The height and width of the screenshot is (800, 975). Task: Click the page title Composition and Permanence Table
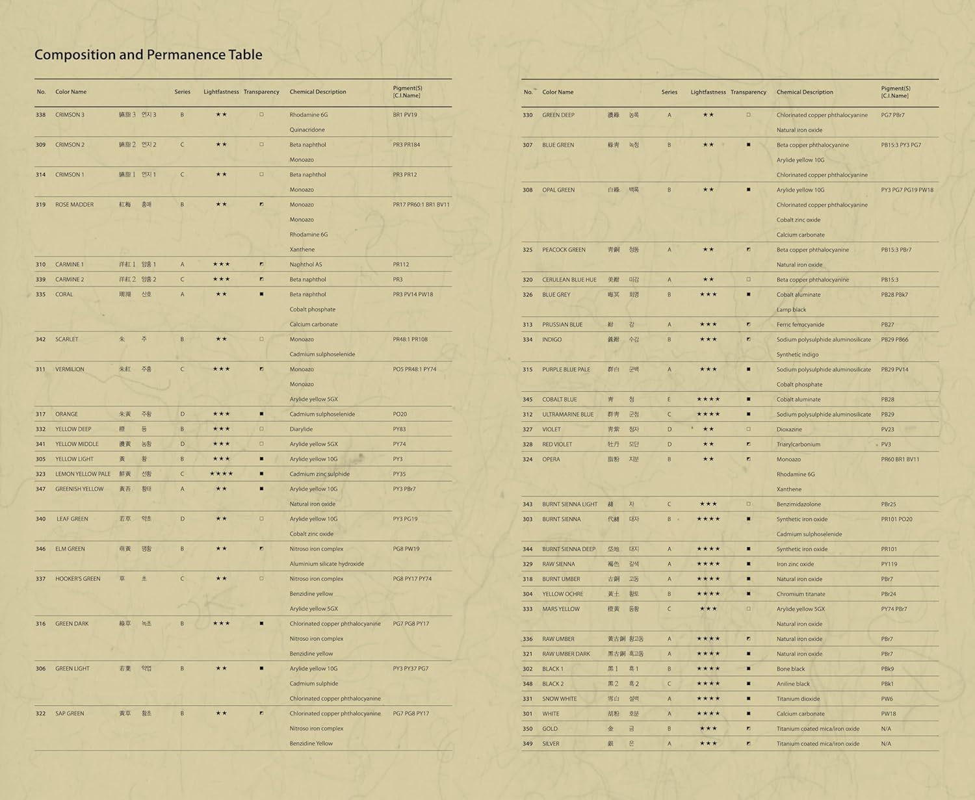coord(148,55)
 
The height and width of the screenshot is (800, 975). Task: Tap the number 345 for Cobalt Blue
coord(527,400)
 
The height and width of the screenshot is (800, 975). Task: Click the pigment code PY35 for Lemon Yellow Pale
coord(399,474)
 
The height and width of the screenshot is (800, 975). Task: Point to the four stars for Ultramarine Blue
coord(708,415)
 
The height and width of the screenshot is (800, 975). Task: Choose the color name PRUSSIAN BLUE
coord(562,325)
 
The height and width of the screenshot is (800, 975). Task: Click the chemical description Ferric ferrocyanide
coord(800,325)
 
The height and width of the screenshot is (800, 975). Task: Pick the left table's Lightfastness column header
coord(221,92)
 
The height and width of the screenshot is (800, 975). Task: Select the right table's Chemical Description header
coord(805,92)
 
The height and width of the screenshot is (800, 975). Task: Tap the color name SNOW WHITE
coord(559,699)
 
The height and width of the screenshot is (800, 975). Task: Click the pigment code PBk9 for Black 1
coord(887,669)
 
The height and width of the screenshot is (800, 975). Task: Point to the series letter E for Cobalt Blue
coord(669,400)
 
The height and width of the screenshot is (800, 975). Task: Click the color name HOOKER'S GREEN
coord(77,579)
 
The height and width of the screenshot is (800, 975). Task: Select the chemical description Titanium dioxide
coord(798,699)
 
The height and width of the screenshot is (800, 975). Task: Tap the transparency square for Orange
coord(261,414)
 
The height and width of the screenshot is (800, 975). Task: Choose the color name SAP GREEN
coord(70,714)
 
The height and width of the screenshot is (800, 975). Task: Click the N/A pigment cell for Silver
coord(886,744)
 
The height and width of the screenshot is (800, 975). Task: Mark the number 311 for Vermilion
coord(40,369)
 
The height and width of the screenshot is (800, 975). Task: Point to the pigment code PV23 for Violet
coord(887,430)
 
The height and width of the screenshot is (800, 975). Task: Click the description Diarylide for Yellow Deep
coord(301,429)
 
